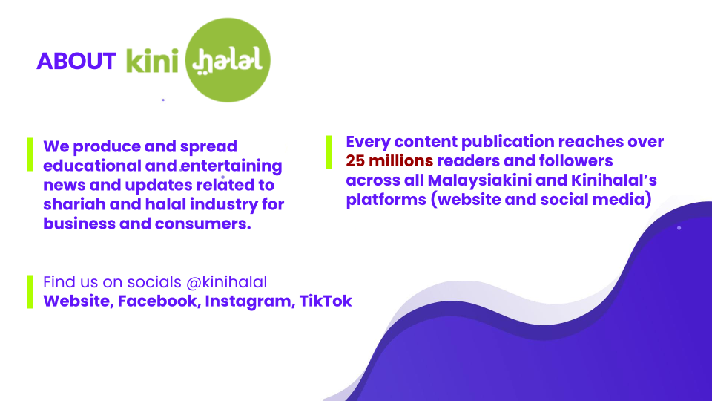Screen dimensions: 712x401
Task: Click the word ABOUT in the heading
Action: point(76,61)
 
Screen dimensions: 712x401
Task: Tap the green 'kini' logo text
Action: point(152,59)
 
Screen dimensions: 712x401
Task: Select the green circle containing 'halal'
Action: point(228,60)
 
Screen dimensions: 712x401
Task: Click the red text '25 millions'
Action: point(389,161)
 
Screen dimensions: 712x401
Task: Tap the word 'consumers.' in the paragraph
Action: point(203,224)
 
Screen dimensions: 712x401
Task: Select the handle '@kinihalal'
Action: point(227,282)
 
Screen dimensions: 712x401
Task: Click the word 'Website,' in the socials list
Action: point(79,301)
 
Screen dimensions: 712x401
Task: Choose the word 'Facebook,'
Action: point(159,301)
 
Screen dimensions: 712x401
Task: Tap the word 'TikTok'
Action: point(326,301)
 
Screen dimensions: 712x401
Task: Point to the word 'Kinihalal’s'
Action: point(614,180)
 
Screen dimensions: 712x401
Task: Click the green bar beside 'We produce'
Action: point(30,154)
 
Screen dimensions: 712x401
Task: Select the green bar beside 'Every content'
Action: point(329,152)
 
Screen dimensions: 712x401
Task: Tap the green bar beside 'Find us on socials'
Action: point(30,292)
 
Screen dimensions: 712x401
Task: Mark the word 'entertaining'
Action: point(231,166)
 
